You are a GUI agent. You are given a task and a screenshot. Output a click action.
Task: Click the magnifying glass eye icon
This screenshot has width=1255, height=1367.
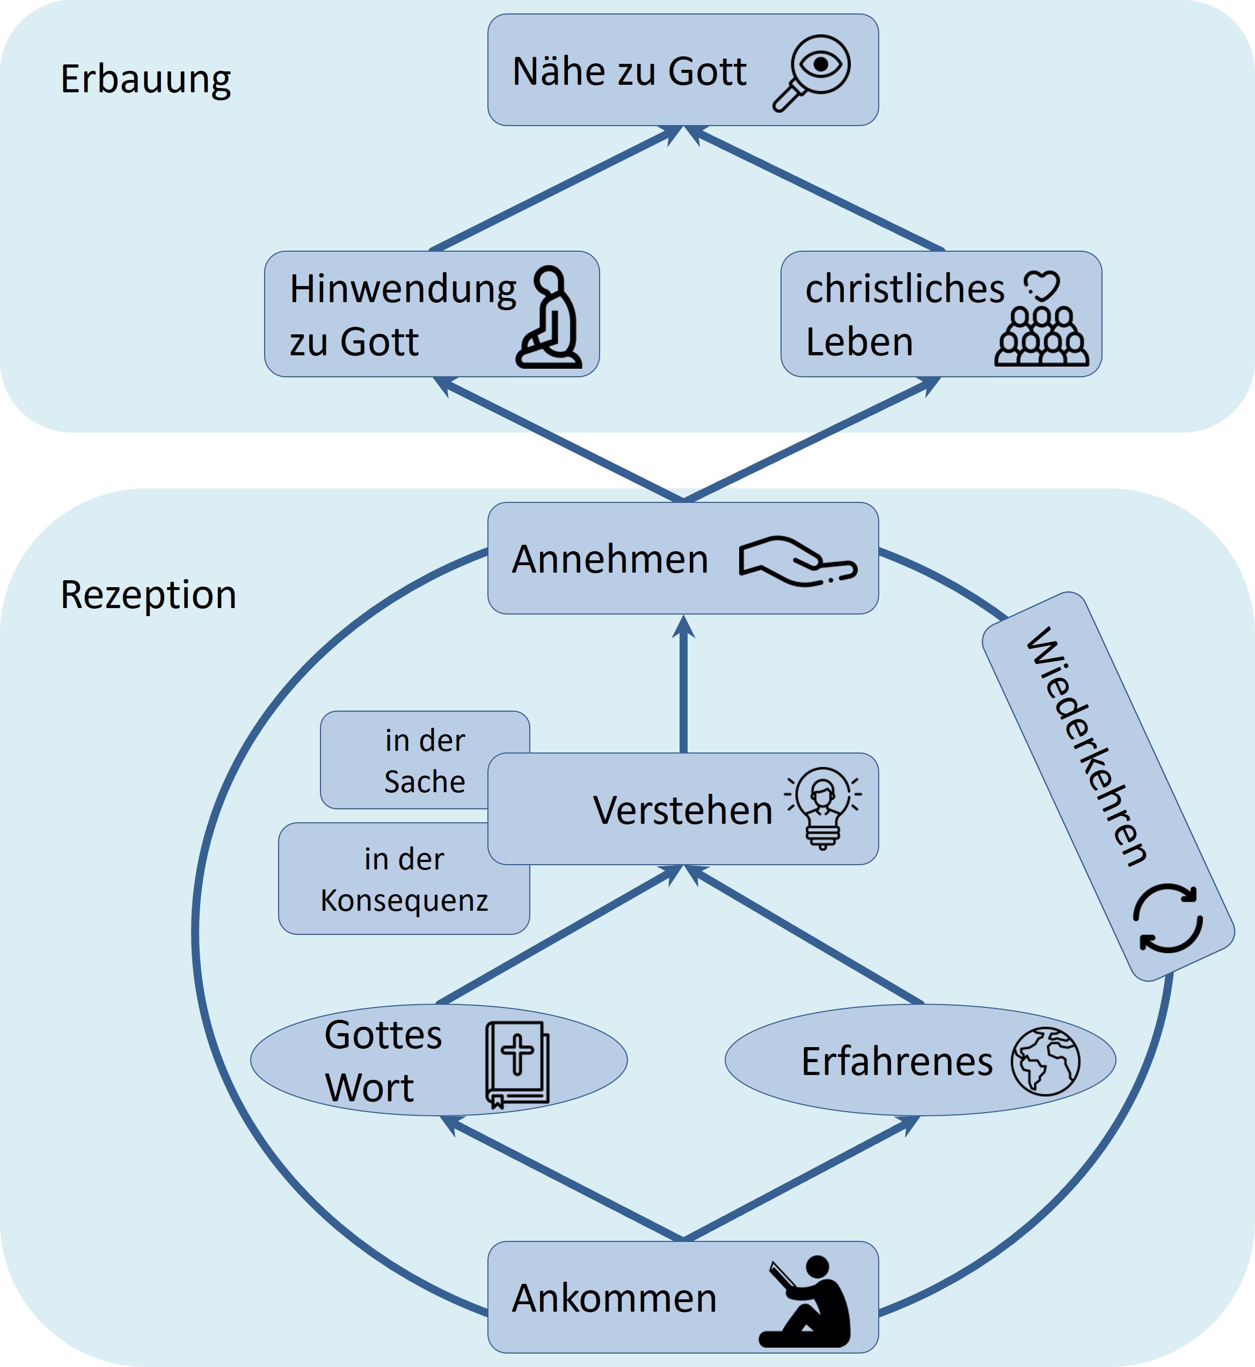tap(813, 71)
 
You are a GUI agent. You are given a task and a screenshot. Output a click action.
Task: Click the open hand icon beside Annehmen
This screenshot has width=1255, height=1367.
tap(798, 561)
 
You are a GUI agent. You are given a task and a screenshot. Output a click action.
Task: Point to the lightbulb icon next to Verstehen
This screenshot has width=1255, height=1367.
tap(823, 808)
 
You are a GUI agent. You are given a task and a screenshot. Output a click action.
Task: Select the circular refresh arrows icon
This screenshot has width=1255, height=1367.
tap(1168, 918)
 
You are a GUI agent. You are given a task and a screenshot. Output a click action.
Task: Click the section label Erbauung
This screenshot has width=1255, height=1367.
tap(146, 79)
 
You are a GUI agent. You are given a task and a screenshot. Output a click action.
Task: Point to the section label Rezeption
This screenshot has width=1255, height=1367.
tap(148, 595)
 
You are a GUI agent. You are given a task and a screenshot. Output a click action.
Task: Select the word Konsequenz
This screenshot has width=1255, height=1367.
tap(404, 901)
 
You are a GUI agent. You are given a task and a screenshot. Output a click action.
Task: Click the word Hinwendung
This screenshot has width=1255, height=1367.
tap(403, 289)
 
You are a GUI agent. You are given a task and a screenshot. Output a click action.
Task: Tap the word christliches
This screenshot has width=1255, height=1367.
tap(904, 289)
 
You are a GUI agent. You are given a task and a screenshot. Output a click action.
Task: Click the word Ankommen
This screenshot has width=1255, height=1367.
tap(614, 1298)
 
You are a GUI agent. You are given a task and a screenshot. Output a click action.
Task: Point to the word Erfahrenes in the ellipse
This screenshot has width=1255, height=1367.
tap(896, 1062)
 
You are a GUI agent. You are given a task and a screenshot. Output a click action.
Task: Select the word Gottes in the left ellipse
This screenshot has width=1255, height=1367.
tap(383, 1035)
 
